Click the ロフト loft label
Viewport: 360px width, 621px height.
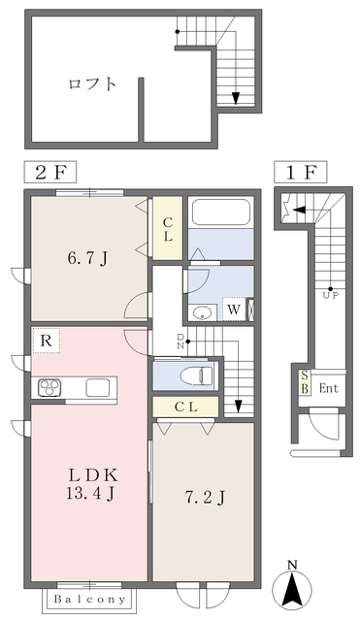92,84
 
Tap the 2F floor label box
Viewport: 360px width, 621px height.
50,173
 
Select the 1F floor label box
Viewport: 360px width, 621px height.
301,172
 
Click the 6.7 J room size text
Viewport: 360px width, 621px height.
88,259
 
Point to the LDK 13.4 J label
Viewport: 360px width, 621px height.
92,484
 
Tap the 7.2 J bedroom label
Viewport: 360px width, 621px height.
205,497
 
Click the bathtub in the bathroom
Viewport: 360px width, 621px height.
221,212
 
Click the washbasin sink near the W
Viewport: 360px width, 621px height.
203,312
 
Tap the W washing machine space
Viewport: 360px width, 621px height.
234,310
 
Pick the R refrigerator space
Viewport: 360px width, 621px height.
47,341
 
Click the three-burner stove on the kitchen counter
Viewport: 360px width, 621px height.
49,387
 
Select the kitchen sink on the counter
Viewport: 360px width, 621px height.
98,387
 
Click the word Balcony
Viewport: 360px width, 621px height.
89,600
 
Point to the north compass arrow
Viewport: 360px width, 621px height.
292,587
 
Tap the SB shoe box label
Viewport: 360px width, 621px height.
304,382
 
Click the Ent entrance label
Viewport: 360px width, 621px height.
328,388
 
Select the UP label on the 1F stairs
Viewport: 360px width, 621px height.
331,295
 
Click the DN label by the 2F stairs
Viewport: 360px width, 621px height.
180,341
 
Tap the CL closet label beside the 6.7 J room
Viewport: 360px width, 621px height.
168,229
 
